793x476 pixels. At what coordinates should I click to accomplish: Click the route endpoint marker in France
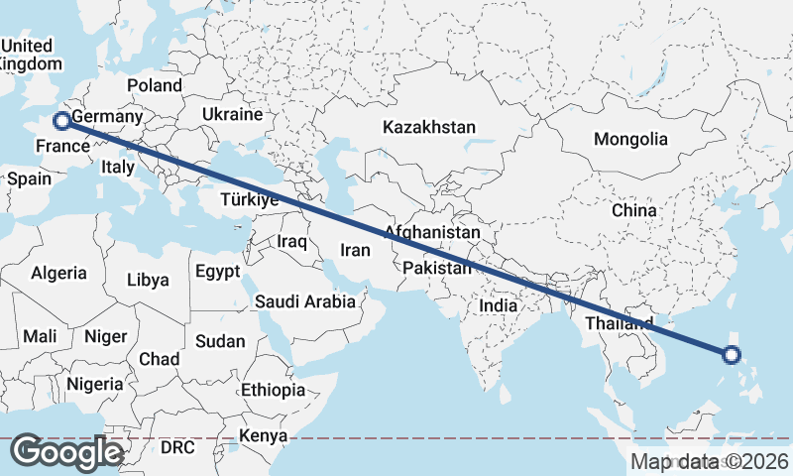[x=62, y=121]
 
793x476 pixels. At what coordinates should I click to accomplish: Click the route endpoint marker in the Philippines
[x=732, y=354]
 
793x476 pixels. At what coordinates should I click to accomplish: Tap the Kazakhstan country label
[x=429, y=128]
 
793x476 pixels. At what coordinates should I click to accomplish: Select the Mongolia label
[x=630, y=139]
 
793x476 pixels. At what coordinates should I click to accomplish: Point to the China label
[x=633, y=210]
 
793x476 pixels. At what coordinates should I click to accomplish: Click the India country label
[x=498, y=306]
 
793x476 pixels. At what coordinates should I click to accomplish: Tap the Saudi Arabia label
[x=305, y=301]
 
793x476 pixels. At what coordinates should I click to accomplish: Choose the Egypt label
[x=217, y=271]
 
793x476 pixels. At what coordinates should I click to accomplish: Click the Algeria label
[x=58, y=273]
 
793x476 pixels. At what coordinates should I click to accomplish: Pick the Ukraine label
[x=232, y=115]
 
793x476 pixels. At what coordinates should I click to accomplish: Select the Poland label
[x=154, y=86]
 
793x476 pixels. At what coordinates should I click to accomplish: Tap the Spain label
[x=29, y=179]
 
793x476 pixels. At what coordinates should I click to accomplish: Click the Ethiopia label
[x=273, y=390]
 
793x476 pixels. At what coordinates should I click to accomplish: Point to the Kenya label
[x=263, y=435]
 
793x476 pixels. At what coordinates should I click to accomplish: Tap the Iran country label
[x=355, y=251]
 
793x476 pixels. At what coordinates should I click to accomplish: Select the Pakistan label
[x=437, y=269]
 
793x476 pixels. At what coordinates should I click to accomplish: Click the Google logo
[x=66, y=452]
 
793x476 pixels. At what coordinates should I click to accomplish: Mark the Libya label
[x=148, y=280]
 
